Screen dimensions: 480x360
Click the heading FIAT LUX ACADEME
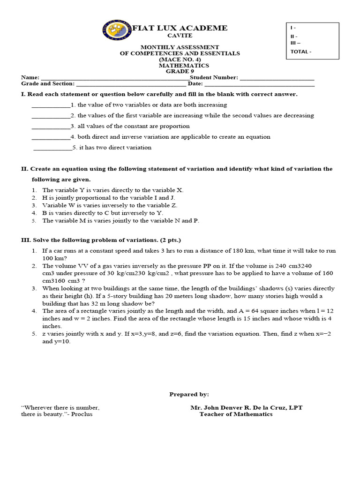pyautogui.click(x=180, y=28)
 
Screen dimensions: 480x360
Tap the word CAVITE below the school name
pyautogui.click(x=180, y=36)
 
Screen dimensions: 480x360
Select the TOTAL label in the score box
pyautogui.click(x=300, y=52)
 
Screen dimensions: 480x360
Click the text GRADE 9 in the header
pyautogui.click(x=180, y=72)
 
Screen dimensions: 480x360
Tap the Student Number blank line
pyautogui.click(x=277, y=78)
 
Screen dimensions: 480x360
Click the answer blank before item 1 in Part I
pyautogui.click(x=51, y=105)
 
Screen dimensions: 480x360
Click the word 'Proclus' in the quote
pyautogui.click(x=82, y=414)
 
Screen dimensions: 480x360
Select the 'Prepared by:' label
pyautogui.click(x=189, y=395)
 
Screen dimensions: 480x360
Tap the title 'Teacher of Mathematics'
pyautogui.click(x=236, y=414)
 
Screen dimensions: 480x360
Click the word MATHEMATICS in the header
pyautogui.click(x=180, y=66)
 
